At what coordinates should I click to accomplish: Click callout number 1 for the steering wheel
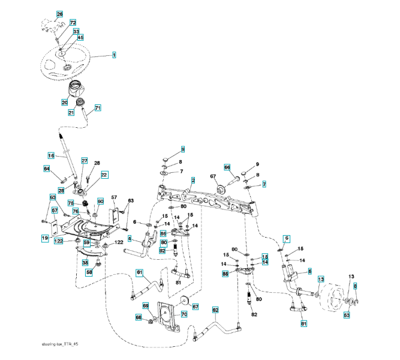click(x=113, y=55)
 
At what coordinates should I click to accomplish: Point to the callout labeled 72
click(x=73, y=22)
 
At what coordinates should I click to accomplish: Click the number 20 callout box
click(x=64, y=102)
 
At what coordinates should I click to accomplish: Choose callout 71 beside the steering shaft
click(x=98, y=108)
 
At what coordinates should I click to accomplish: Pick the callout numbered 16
click(x=51, y=155)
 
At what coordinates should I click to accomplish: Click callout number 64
click(x=46, y=169)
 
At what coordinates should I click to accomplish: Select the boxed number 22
click(x=104, y=175)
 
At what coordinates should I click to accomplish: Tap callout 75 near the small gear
click(x=70, y=203)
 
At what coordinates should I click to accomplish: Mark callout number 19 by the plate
click(x=44, y=238)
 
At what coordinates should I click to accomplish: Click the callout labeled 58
click(x=89, y=272)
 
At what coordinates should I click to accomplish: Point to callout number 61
click(x=139, y=273)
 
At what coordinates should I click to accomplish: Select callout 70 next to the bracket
click(x=184, y=313)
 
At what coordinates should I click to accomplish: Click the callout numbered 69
click(x=145, y=306)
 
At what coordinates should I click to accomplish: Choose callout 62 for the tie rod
click(x=215, y=310)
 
